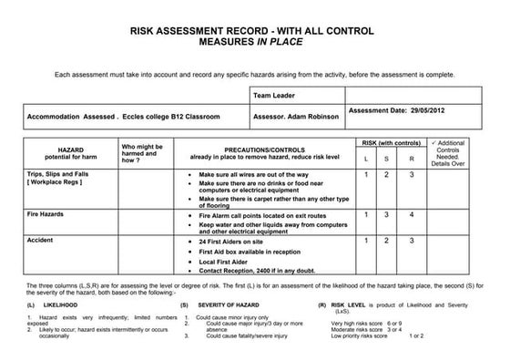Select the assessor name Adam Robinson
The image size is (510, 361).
307,118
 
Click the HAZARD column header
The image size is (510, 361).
69,148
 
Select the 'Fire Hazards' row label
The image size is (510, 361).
47,214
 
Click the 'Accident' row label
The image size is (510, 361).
40,240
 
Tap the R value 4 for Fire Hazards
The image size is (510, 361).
412,215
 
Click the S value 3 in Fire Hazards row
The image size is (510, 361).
388,215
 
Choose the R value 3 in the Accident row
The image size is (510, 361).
412,241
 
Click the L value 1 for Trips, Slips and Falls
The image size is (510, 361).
366,174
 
